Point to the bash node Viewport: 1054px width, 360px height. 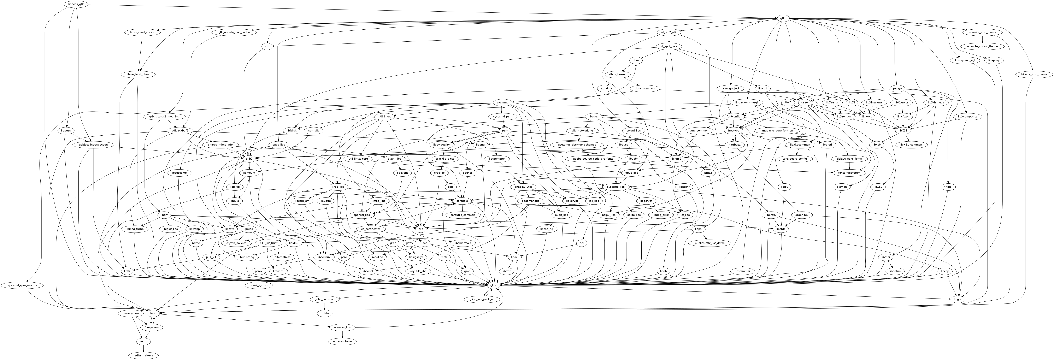(153, 313)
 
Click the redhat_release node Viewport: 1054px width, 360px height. (143, 355)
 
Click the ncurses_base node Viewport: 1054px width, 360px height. (342, 341)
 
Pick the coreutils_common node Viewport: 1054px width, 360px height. (463, 215)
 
